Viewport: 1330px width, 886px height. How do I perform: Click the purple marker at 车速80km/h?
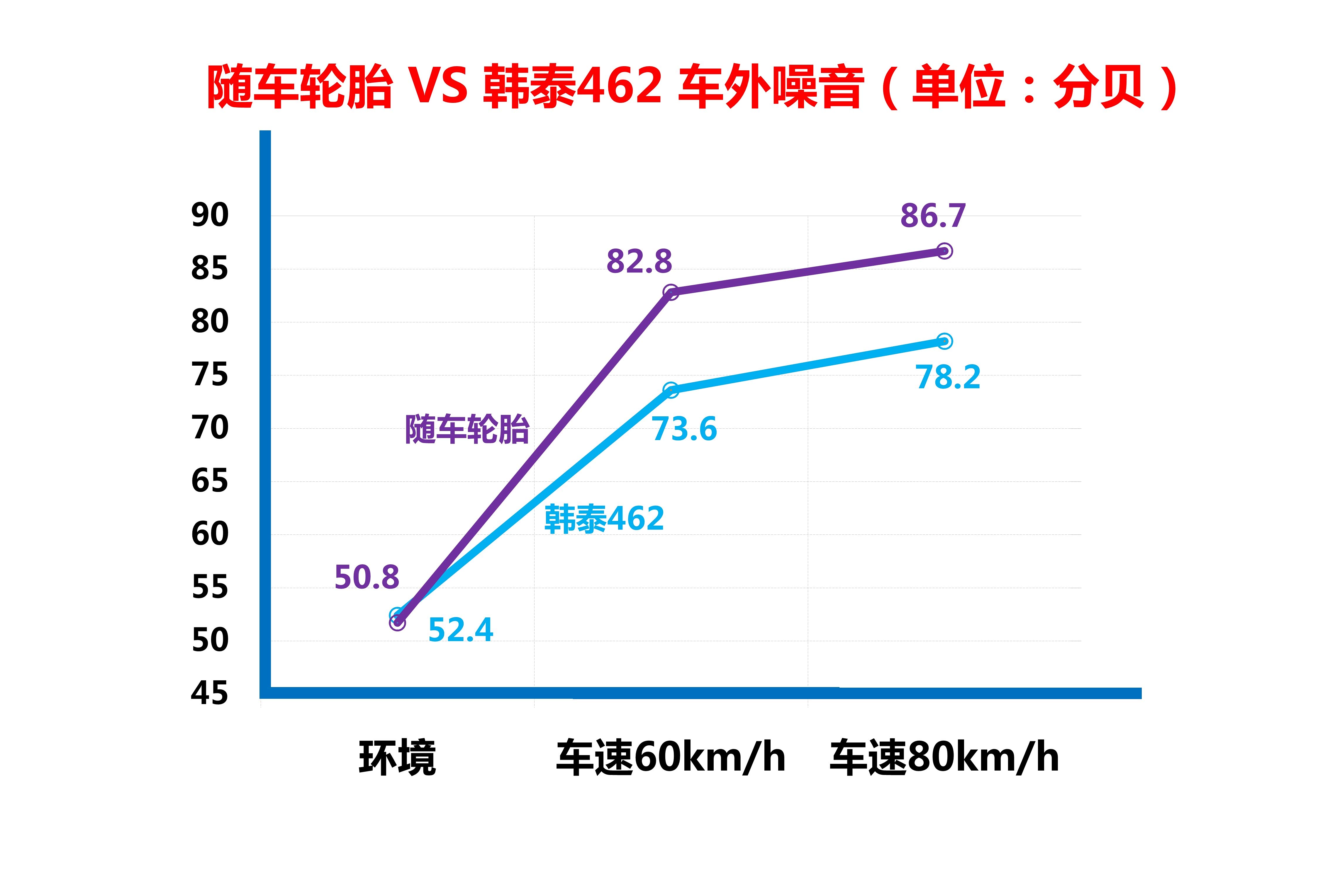pyautogui.click(x=944, y=251)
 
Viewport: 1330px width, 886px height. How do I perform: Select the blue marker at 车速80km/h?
pyautogui.click(x=944, y=341)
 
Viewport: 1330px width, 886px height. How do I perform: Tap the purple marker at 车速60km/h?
pyautogui.click(x=671, y=292)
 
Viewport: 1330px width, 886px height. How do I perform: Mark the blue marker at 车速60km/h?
pyautogui.click(x=671, y=390)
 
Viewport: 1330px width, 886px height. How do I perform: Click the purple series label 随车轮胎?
pyautogui.click(x=467, y=430)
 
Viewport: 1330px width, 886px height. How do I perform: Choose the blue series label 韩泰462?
pyautogui.click(x=604, y=519)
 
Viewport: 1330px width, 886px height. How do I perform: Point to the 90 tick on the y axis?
pyautogui.click(x=210, y=215)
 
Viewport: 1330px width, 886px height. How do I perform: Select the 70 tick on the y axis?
pyautogui.click(x=210, y=428)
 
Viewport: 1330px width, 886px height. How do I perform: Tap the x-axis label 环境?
pyautogui.click(x=398, y=757)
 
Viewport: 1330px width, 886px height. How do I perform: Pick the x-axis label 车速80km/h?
pyautogui.click(x=944, y=757)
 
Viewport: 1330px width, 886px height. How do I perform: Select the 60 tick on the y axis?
pyautogui.click(x=210, y=534)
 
